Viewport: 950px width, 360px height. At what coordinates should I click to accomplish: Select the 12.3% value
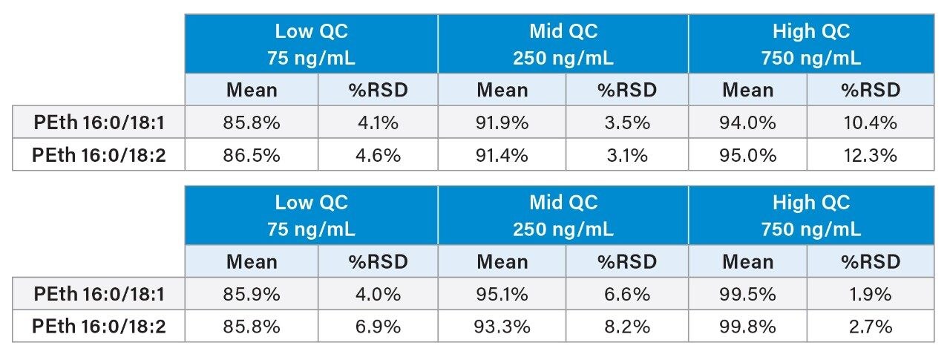click(x=870, y=155)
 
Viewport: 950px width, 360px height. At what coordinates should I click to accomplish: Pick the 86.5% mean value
click(x=252, y=155)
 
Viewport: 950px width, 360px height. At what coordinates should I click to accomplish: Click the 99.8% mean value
click(x=747, y=327)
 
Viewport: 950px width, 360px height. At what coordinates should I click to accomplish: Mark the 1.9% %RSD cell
click(x=870, y=295)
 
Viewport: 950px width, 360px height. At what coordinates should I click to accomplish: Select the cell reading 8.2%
click(x=627, y=327)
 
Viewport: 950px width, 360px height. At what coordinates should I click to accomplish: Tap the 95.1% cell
click(x=502, y=295)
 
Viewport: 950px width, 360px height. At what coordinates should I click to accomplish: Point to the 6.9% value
click(x=378, y=327)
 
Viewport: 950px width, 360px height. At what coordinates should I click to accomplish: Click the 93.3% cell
click(x=502, y=327)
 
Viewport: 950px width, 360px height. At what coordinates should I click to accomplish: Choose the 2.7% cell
click(x=870, y=327)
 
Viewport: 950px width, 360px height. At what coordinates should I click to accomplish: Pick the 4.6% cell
click(x=378, y=155)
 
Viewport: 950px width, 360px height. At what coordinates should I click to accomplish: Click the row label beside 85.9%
click(x=99, y=295)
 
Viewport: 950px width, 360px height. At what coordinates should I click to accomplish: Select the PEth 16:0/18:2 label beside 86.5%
click(x=99, y=155)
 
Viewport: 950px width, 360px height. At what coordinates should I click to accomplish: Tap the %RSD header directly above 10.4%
click(x=870, y=91)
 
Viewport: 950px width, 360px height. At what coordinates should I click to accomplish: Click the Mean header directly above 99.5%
click(x=747, y=262)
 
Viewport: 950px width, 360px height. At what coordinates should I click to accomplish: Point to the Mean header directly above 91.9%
click(x=502, y=91)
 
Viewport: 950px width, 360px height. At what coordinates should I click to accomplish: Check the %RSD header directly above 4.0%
click(x=378, y=262)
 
